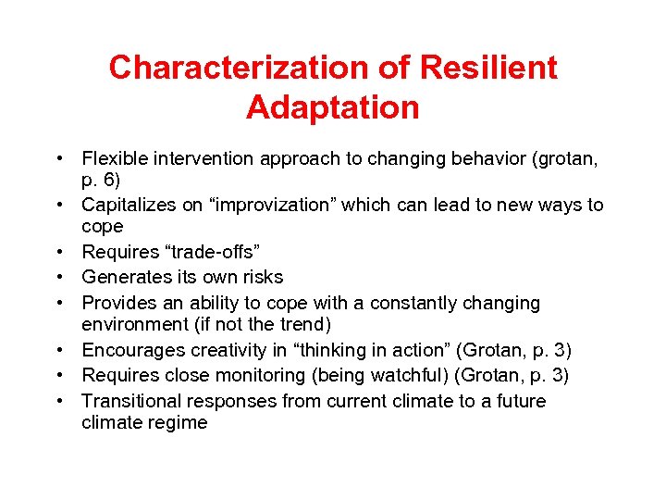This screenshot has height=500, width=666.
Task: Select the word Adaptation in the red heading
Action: (332, 107)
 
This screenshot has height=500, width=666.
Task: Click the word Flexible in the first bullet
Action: (113, 159)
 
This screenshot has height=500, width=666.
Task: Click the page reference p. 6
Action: (101, 180)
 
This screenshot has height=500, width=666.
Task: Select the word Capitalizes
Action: (127, 205)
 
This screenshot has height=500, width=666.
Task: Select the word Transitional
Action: (129, 401)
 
